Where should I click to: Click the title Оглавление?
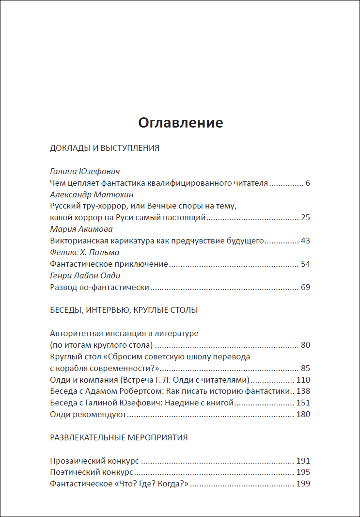pyautogui.click(x=180, y=123)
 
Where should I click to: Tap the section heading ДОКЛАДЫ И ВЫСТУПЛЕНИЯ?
pyautogui.click(x=105, y=148)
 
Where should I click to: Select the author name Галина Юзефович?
pyautogui.click(x=85, y=172)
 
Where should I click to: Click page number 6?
pyautogui.click(x=307, y=183)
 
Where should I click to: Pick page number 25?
pyautogui.click(x=305, y=217)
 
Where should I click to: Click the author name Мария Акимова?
pyautogui.click(x=81, y=229)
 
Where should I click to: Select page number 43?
pyautogui.click(x=305, y=241)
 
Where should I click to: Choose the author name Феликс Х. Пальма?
pyautogui.click(x=85, y=253)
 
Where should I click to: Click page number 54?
pyautogui.click(x=305, y=264)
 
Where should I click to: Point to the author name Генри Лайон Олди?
pyautogui.click(x=85, y=276)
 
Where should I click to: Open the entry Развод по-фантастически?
pyautogui.click(x=99, y=288)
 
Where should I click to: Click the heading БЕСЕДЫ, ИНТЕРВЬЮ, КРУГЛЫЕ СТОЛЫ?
pyautogui.click(x=124, y=310)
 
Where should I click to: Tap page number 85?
pyautogui.click(x=305, y=368)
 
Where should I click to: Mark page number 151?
pyautogui.click(x=303, y=403)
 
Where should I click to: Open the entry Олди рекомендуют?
pyautogui.click(x=88, y=414)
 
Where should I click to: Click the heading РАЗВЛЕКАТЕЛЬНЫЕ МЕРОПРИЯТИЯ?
pyautogui.click(x=119, y=437)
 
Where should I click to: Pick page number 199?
pyautogui.click(x=303, y=484)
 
